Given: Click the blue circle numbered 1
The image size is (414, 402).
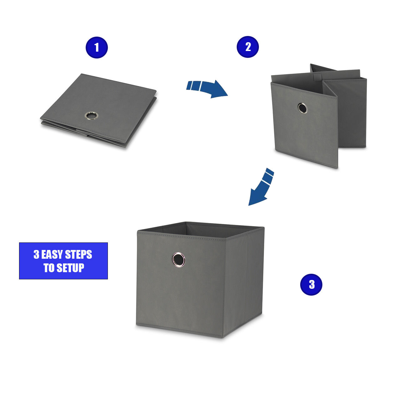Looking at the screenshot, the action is (97, 48).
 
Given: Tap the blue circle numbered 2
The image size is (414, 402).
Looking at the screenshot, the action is (248, 47).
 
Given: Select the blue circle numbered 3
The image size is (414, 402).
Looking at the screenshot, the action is (311, 284).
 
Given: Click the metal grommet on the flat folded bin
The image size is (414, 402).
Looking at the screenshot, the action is (91, 115).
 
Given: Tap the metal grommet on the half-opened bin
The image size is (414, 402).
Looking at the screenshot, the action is (302, 108).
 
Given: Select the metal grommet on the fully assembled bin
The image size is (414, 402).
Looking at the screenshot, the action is (179, 260).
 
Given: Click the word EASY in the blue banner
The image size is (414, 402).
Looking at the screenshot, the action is (52, 255).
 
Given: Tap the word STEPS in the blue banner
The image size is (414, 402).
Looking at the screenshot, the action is (78, 255).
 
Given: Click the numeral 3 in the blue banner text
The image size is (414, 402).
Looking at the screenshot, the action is (36, 255).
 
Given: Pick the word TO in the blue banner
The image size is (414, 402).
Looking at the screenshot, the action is (49, 268).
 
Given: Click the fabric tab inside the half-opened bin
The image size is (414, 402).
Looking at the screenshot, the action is (317, 76).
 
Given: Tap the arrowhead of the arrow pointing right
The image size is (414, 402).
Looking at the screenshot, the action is (219, 89).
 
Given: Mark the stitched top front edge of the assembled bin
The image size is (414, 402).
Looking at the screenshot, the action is (181, 236).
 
